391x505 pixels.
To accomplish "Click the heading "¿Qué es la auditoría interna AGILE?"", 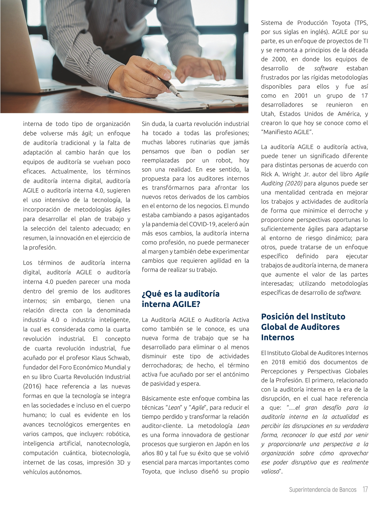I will (180, 299).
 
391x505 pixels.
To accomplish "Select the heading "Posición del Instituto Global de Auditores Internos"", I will (303, 327).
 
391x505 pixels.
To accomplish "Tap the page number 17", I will (365, 490).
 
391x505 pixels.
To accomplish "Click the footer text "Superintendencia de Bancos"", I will (323, 490).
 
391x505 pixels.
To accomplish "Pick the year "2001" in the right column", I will (301, 96).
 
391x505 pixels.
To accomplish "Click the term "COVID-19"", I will (201, 224).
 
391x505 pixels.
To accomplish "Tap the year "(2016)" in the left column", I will (32, 386).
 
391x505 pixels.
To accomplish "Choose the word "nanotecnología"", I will (108, 443).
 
